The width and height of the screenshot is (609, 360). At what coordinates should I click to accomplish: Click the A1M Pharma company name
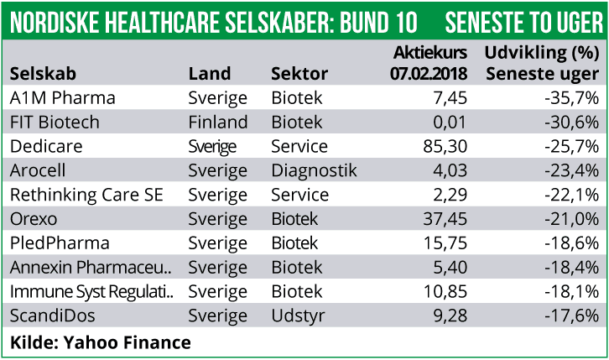pyautogui.click(x=62, y=98)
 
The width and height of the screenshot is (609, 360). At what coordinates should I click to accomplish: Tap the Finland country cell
pyautogui.click(x=217, y=123)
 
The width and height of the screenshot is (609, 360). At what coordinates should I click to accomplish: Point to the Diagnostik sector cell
pyautogui.click(x=314, y=171)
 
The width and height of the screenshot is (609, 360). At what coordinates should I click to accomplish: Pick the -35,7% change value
pyautogui.click(x=571, y=98)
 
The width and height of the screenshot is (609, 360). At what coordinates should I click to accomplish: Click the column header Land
pyautogui.click(x=209, y=73)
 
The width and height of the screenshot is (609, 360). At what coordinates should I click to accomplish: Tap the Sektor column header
pyautogui.click(x=299, y=73)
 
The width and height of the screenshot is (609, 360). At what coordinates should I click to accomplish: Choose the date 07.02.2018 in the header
pyautogui.click(x=429, y=73)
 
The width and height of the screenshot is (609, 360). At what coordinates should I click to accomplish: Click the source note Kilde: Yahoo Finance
pyautogui.click(x=101, y=342)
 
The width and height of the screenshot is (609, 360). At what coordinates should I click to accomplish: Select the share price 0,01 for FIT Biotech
pyautogui.click(x=450, y=123)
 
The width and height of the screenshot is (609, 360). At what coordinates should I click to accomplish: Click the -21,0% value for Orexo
pyautogui.click(x=571, y=220)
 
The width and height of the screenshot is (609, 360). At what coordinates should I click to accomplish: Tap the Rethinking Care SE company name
pyautogui.click(x=86, y=196)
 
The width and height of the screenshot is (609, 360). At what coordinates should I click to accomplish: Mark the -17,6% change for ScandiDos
pyautogui.click(x=571, y=317)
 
